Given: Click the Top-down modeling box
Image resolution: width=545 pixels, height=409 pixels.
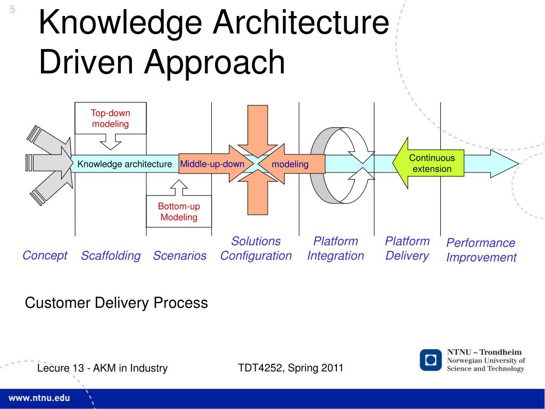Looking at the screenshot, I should click(110, 118).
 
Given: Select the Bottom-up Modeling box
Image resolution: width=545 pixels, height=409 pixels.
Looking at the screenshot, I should click(179, 212).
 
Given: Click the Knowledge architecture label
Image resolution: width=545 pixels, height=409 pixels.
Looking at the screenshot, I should click(125, 164).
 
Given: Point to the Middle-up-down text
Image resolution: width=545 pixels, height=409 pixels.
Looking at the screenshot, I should click(212, 164).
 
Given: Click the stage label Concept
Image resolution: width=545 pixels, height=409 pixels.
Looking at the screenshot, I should click(45, 256).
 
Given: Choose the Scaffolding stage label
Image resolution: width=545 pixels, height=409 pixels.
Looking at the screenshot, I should click(111, 256).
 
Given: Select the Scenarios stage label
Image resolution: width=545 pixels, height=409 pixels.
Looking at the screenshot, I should click(179, 256).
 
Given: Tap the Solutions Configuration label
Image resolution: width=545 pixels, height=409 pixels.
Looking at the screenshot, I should click(256, 249).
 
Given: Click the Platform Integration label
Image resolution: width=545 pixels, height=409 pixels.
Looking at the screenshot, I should click(335, 249).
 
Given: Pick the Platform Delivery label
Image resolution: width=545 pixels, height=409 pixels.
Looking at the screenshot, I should click(407, 249).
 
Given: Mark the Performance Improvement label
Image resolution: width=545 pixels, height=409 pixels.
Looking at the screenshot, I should click(481, 250).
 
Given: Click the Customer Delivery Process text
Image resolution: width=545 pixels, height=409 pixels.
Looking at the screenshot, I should click(117, 303).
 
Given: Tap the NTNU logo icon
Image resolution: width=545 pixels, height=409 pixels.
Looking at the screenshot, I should click(431, 360).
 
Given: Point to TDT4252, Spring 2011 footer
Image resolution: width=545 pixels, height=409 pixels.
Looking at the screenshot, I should click(290, 367).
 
